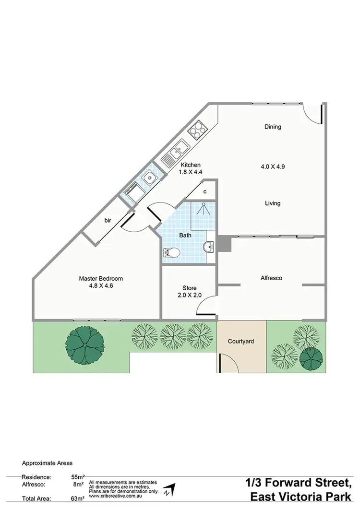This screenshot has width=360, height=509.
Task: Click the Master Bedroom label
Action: pos(101,278)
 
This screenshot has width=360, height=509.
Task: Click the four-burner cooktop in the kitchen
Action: pos(197,129)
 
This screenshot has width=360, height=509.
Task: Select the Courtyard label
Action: pos(241,342)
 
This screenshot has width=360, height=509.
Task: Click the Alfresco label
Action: pos(271,278)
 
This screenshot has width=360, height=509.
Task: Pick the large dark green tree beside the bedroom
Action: pos(85,343)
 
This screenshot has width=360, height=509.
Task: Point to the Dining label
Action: pos(272,127)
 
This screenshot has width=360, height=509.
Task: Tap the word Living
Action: pos(272,203)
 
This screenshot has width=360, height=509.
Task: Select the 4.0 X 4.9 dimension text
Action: pos(273,166)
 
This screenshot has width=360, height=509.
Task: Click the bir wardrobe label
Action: pos(108,220)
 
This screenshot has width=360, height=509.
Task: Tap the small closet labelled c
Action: pos(205,192)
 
